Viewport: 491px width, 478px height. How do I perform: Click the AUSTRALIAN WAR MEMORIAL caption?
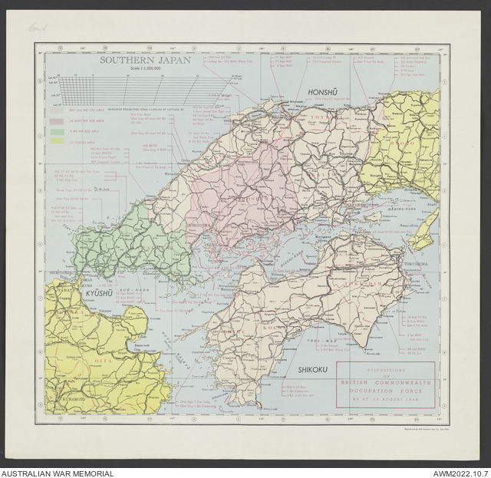click(x=58, y=473)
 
